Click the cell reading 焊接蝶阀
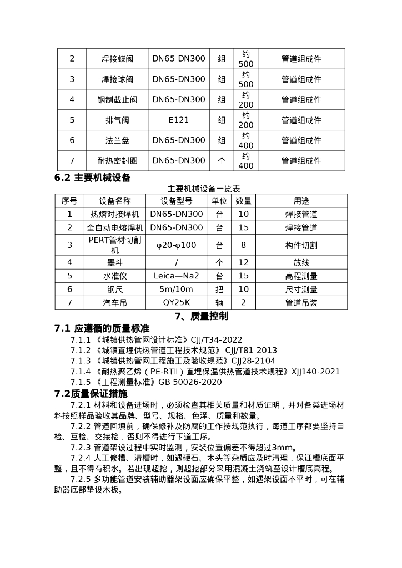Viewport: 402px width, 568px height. coord(117,59)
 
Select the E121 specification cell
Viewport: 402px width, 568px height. coord(179,120)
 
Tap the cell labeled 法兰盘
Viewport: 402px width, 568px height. coord(117,140)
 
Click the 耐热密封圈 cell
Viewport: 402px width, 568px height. coord(117,161)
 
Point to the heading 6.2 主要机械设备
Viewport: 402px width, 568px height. coord(93,178)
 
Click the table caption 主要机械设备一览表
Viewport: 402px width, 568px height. coord(200,189)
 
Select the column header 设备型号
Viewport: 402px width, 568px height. coord(177,201)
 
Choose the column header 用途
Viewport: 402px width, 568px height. coord(301,201)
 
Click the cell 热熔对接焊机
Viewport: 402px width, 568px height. coord(115,214)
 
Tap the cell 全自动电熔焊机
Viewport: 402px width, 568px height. coord(115,228)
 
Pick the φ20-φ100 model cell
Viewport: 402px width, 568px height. coord(177,245)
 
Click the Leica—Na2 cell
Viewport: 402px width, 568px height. coord(177,275)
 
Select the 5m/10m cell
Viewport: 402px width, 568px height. coord(177,289)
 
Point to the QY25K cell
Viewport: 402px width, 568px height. coord(177,303)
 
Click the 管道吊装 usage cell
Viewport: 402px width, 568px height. coord(301,303)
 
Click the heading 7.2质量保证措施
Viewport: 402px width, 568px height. coord(91,394)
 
